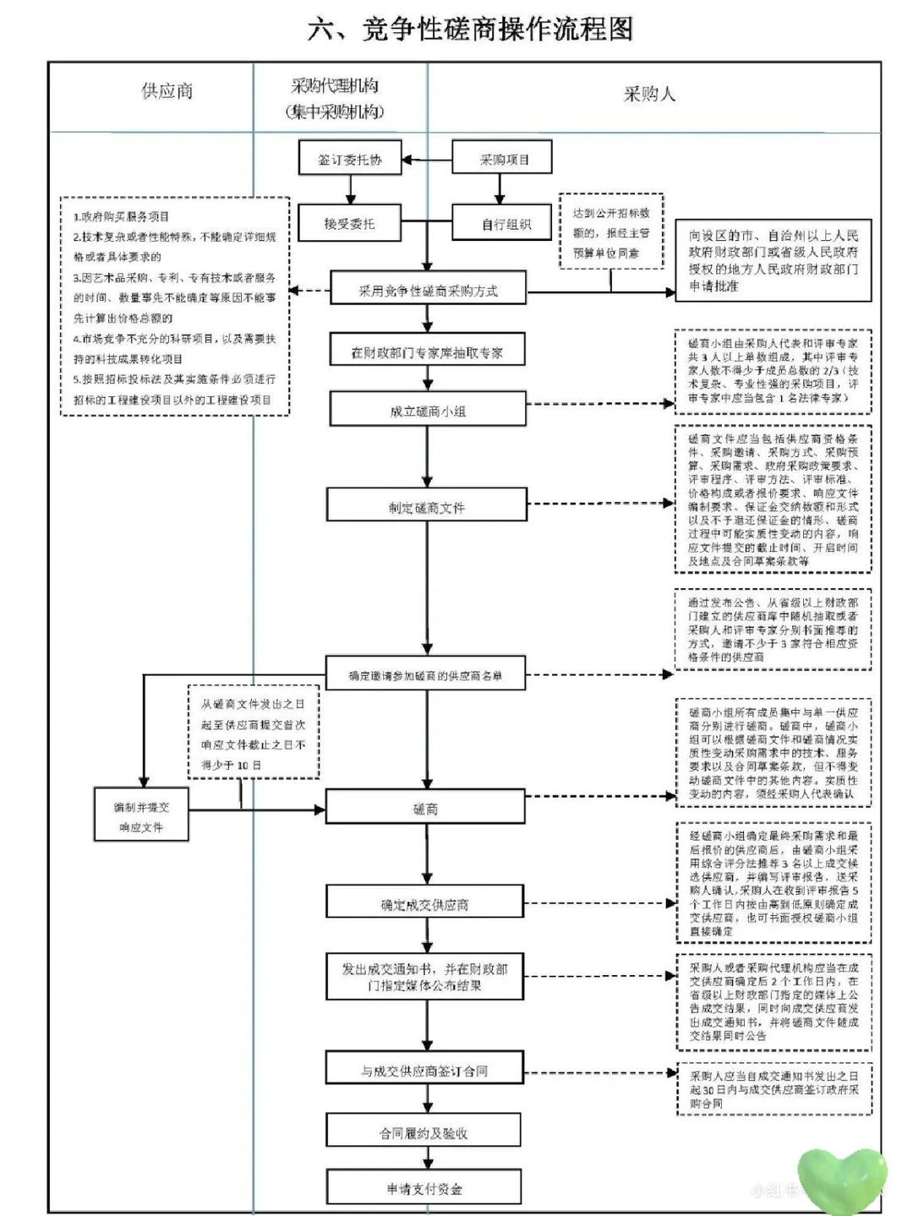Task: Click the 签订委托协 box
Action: tap(349, 159)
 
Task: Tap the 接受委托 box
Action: tap(348, 224)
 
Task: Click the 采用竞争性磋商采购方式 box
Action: tap(428, 291)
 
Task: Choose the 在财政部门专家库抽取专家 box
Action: tap(427, 352)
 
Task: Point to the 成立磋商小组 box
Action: tap(428, 411)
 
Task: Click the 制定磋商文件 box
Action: tap(426, 507)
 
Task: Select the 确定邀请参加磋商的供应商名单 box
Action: tap(425, 675)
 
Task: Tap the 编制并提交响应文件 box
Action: tap(141, 816)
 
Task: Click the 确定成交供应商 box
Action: tap(424, 904)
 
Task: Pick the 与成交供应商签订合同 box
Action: tap(424, 1070)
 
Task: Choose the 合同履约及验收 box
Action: tap(424, 1132)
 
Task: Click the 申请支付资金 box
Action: tap(424, 1188)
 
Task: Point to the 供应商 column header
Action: tap(167, 91)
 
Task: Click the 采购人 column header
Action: tap(649, 94)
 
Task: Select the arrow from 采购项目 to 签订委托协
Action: tap(427, 159)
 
